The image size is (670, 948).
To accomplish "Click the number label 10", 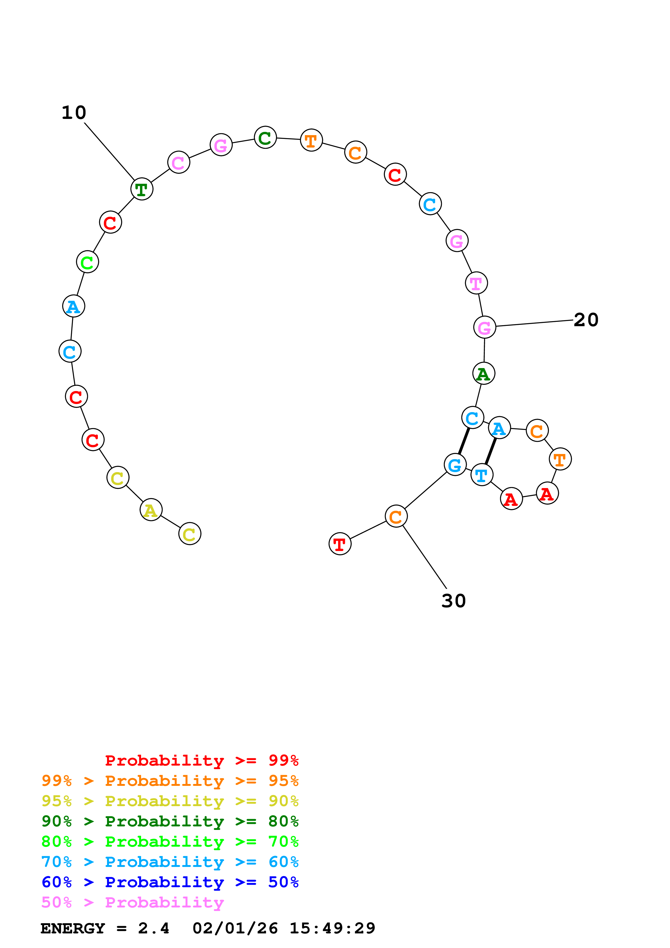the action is tap(74, 113).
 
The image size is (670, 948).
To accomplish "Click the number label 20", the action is tap(586, 320).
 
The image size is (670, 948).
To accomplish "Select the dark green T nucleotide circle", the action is tap(142, 189).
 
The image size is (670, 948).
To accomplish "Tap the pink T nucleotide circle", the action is tap(476, 283).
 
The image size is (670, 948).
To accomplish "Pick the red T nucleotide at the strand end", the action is tap(340, 544).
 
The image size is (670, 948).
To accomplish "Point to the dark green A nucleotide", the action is tap(484, 374).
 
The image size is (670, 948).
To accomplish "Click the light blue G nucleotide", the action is tap(455, 465).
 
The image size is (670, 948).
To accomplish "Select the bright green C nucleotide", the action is tap(88, 262).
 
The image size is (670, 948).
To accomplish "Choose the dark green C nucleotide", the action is tap(265, 138).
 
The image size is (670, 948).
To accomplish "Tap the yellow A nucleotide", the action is tap(151, 510).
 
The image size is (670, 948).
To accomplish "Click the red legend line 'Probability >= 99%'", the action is tap(201, 760).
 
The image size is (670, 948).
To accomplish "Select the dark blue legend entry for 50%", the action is tap(170, 882).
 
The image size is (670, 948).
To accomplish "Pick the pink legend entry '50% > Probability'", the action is tap(132, 903).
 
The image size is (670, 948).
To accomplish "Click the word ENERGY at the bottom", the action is tap(73, 929).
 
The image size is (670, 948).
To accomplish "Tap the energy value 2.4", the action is tap(154, 929).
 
